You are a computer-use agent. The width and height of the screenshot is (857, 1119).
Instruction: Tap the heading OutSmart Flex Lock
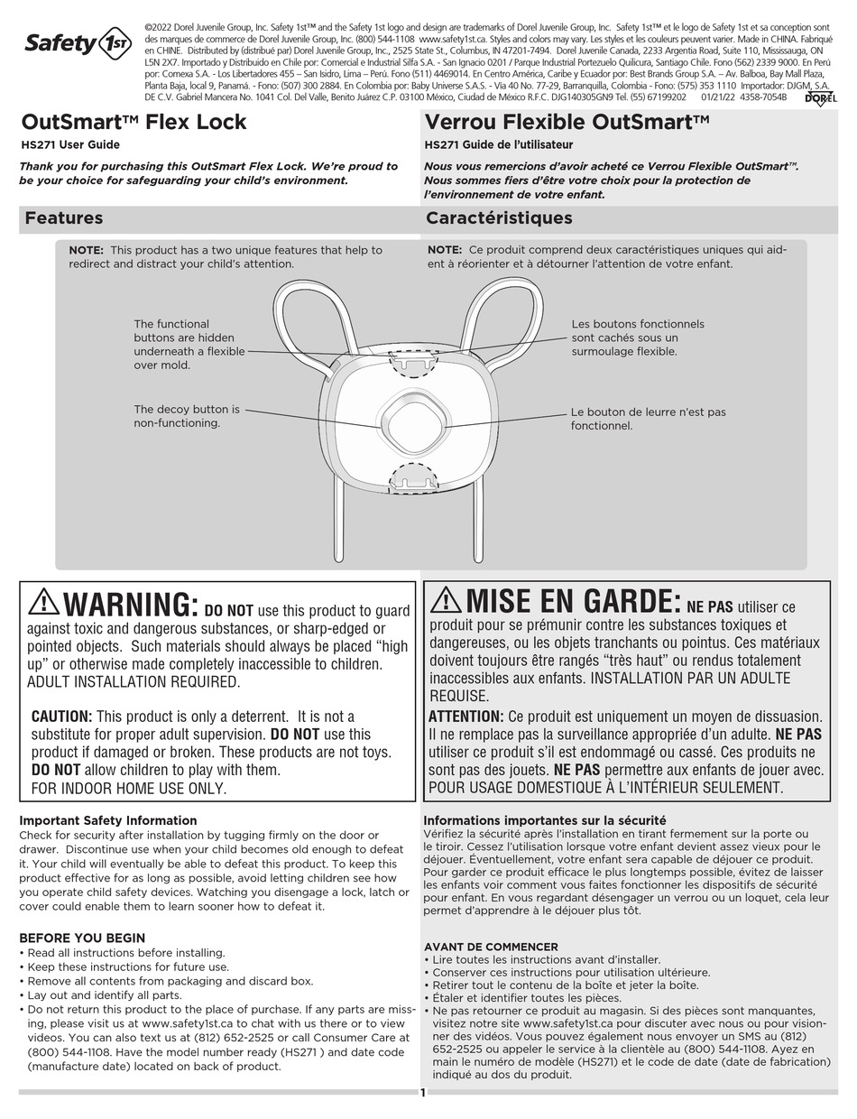click(134, 122)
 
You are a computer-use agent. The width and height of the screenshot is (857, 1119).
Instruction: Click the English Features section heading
click(64, 217)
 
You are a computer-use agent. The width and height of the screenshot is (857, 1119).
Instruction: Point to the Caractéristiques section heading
click(499, 217)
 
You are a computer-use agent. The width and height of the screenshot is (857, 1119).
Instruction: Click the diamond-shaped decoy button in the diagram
click(412, 422)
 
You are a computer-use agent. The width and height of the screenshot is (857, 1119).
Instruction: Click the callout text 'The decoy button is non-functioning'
click(187, 416)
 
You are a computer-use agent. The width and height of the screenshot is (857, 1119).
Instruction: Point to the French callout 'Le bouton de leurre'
click(648, 419)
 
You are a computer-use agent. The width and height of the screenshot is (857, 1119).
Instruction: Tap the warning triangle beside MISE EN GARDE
click(446, 598)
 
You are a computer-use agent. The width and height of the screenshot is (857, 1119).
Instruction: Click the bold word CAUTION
click(61, 716)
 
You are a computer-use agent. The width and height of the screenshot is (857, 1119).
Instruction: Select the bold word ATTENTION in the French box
click(465, 716)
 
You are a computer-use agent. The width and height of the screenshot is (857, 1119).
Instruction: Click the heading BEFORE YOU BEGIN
click(82, 938)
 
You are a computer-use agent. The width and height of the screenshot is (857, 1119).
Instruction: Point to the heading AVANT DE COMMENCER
click(491, 947)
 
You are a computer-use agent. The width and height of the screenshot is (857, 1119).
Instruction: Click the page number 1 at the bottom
click(422, 1093)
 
